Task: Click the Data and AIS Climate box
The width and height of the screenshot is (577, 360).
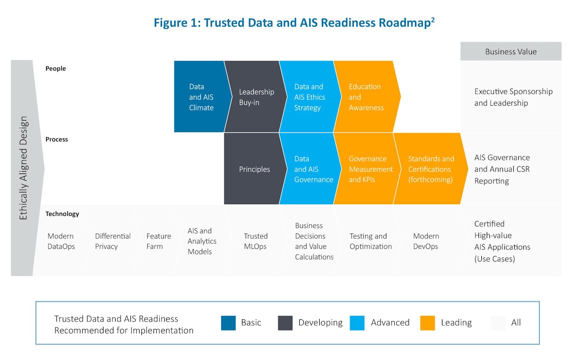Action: pyautogui.click(x=201, y=97)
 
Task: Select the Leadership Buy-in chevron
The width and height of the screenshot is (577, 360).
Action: pyautogui.click(x=255, y=97)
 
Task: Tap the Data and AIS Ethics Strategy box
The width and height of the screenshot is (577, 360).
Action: pyautogui.click(x=310, y=97)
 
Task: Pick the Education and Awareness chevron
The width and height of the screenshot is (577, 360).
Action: pyautogui.click(x=366, y=97)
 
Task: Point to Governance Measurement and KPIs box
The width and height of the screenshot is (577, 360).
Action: pyautogui.click(x=367, y=169)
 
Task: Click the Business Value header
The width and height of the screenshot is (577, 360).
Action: pyautogui.click(x=511, y=51)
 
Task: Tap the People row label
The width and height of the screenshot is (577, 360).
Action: pyautogui.click(x=56, y=69)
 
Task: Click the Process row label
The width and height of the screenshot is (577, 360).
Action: pyautogui.click(x=57, y=140)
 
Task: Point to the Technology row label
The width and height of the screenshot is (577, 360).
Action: pyautogui.click(x=62, y=214)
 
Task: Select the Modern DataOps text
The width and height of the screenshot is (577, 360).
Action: pyautogui.click(x=61, y=241)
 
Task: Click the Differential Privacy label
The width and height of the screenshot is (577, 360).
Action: pyautogui.click(x=113, y=241)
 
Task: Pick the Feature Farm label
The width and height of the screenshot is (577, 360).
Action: pyautogui.click(x=158, y=241)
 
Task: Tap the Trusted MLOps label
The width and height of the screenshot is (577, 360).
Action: pyautogui.click(x=256, y=241)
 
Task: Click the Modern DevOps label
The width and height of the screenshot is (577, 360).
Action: pyautogui.click(x=426, y=241)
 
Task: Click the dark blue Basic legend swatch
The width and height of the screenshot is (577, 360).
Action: pyautogui.click(x=228, y=323)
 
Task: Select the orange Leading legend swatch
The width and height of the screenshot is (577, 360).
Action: pyautogui.click(x=428, y=323)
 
